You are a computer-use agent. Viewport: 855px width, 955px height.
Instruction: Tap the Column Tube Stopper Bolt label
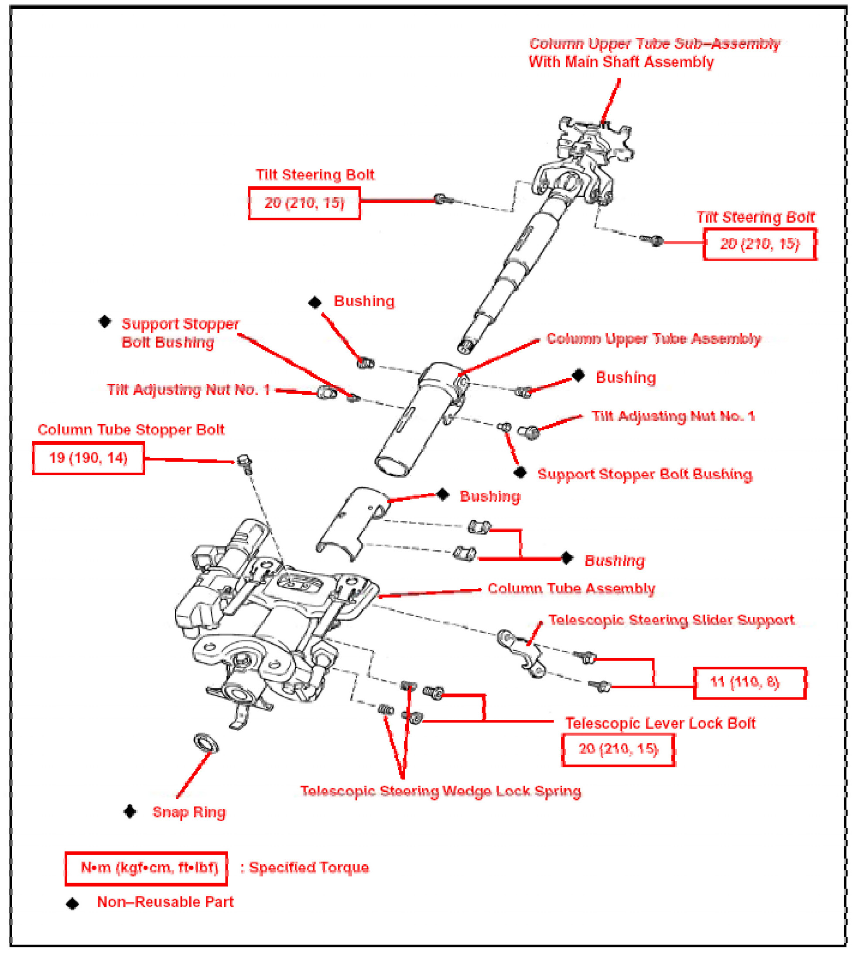(131, 429)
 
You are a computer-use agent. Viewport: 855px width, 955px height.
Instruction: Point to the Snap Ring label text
(189, 812)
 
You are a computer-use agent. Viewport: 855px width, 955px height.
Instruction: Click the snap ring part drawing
(206, 742)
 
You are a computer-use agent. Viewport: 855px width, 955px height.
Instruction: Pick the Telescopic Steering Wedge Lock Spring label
(441, 791)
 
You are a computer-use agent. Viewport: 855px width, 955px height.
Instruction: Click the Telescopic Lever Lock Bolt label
(660, 723)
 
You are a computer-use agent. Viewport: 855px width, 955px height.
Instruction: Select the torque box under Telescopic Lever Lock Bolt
(618, 749)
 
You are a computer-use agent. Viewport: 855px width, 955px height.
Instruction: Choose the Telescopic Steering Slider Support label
(671, 620)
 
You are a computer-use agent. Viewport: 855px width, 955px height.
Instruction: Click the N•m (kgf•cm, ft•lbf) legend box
(146, 868)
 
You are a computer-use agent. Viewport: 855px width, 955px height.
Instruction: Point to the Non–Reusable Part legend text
(165, 902)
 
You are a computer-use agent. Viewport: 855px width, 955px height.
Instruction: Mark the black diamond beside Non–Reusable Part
(72, 904)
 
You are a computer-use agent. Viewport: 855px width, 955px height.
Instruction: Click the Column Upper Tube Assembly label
(653, 338)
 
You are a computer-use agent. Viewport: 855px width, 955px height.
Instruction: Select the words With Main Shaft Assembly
(621, 62)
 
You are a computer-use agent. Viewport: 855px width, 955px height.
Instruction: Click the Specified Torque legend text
(309, 868)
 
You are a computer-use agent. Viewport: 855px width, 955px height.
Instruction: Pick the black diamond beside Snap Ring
(130, 812)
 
